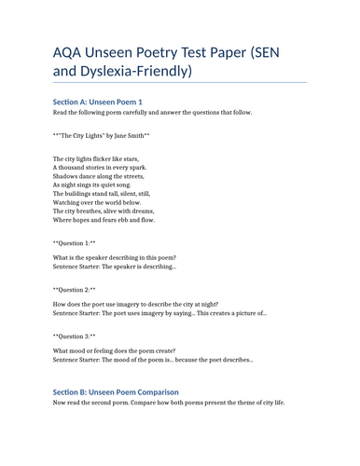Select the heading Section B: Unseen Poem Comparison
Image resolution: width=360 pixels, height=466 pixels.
tap(116, 391)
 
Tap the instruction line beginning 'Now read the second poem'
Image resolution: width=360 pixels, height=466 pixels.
tap(169, 403)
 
